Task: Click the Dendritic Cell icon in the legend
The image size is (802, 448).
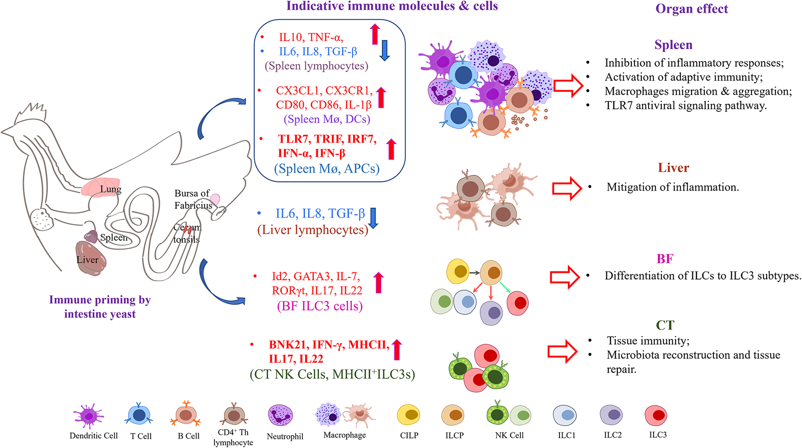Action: click(89, 415)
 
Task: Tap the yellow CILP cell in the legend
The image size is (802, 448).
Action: click(409, 415)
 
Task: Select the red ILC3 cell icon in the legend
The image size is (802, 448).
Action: click(656, 415)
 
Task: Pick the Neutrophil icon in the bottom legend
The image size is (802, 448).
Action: click(281, 415)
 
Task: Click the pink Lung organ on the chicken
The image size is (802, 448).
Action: click(100, 187)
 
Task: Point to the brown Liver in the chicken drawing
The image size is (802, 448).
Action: click(91, 258)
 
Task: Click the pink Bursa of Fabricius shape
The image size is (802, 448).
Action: click(215, 199)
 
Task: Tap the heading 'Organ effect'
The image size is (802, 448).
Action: click(692, 9)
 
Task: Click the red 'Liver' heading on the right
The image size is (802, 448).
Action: click(673, 168)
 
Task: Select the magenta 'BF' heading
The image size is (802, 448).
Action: click(665, 259)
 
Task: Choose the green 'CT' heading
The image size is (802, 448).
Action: click(665, 325)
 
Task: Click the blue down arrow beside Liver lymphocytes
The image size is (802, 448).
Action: click(373, 218)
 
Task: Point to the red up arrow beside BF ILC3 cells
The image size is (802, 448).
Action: click(379, 282)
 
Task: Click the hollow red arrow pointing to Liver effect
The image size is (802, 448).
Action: click(567, 188)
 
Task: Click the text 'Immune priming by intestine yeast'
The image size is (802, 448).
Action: click(100, 307)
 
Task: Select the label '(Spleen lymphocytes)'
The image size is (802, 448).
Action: click(316, 66)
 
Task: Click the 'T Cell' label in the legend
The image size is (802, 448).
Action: click(141, 436)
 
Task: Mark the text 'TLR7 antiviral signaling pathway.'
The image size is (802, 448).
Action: click(686, 106)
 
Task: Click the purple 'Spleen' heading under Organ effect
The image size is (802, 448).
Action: click(673, 45)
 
